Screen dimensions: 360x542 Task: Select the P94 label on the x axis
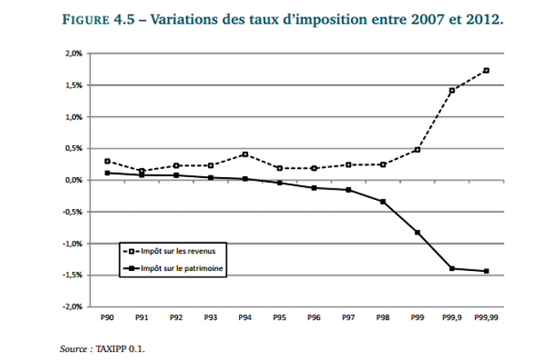pos(244,318)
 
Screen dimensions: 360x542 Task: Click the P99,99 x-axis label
pos(486,318)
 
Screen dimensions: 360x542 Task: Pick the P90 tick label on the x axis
pos(106,318)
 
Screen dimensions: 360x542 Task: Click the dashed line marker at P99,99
pos(486,70)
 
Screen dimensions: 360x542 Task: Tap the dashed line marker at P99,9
pos(451,91)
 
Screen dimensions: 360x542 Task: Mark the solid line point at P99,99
pos(486,271)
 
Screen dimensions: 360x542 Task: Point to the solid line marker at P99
pos(417,233)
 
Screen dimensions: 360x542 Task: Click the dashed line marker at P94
pos(244,154)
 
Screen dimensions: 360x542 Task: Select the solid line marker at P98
pos(383,202)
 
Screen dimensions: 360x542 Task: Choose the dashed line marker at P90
pos(106,161)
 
